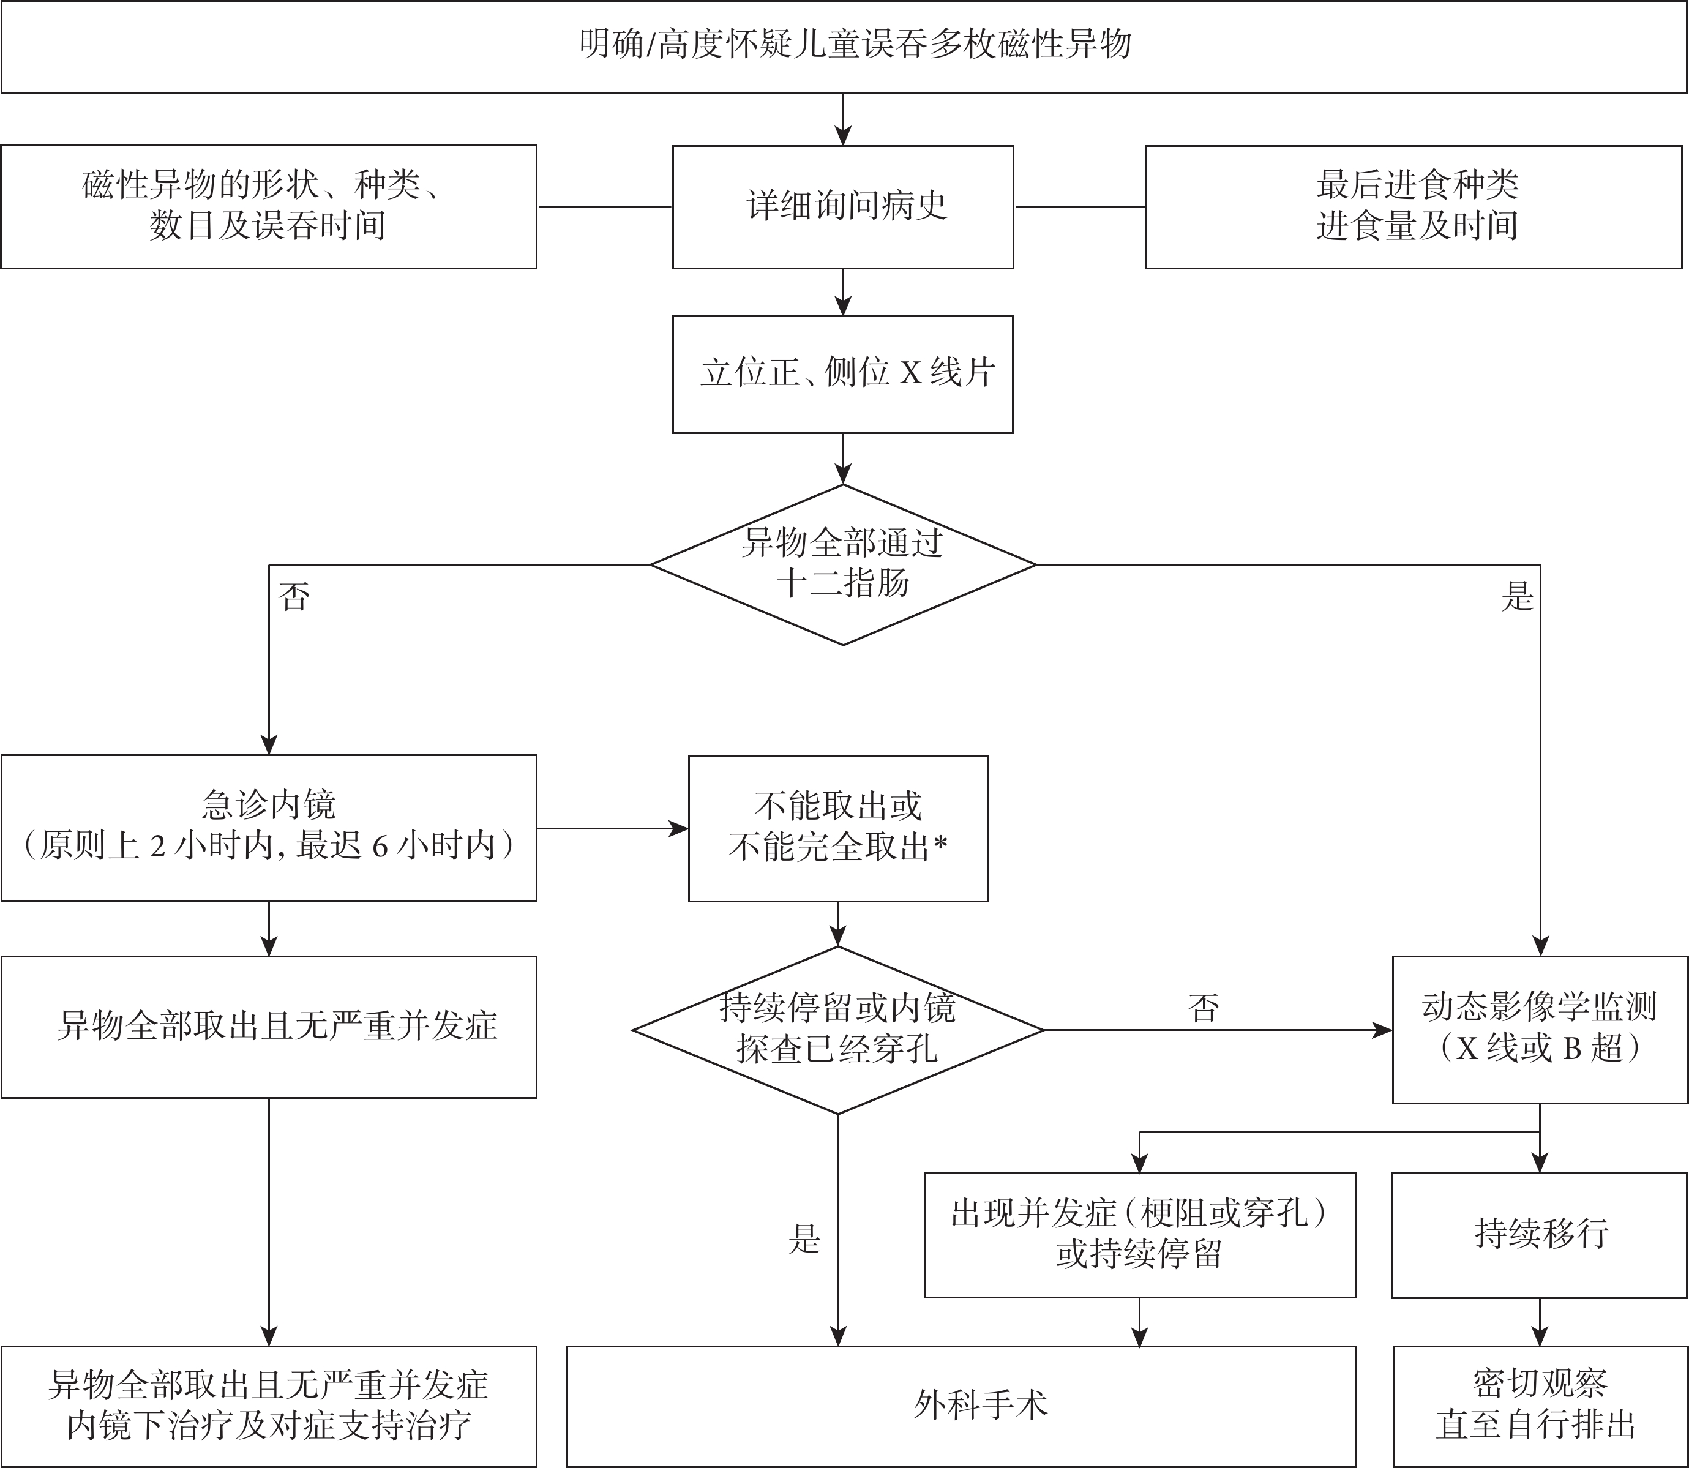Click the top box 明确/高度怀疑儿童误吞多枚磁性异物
coord(844,46)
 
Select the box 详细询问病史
coord(843,208)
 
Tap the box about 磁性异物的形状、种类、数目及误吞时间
coord(269,208)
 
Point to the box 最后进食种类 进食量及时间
coord(1414,208)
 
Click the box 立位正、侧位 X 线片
coord(843,375)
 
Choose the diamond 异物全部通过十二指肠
coord(843,564)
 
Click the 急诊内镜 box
coord(269,828)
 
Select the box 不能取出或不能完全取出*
coord(838,828)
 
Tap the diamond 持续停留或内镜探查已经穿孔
coord(838,1030)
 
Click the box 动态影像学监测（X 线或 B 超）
coord(1540,1030)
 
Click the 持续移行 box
coord(1540,1235)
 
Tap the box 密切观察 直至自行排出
coord(1540,1407)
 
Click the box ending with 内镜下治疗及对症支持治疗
coord(269,1407)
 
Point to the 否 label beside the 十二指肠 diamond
coord(294,596)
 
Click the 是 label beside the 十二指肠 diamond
coord(1517,596)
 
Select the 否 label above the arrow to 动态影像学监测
coord(1204,1007)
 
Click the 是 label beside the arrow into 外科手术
coord(804,1240)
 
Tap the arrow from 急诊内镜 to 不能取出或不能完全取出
coord(613,828)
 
